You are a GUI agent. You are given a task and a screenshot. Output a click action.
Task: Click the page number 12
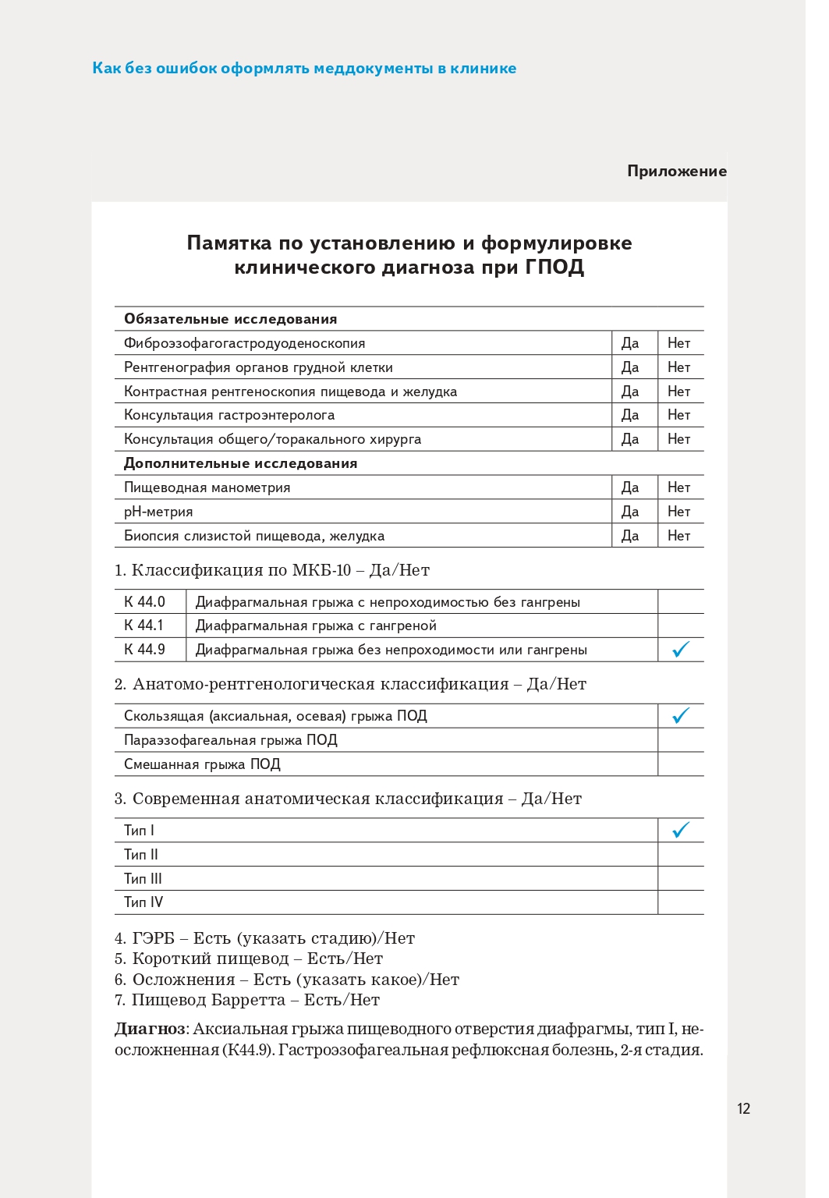coord(743,1108)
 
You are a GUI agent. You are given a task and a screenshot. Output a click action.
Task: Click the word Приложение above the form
coord(676,172)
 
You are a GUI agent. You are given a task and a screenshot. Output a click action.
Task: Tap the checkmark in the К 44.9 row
coord(681,649)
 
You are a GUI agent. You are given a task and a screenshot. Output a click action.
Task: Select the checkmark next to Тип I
coord(681,830)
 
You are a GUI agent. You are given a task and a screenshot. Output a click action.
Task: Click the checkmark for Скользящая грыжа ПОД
coord(681,715)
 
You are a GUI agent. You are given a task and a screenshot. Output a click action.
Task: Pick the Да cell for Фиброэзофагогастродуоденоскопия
coord(630,343)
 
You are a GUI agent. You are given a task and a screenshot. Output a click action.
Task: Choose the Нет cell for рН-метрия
coord(678,512)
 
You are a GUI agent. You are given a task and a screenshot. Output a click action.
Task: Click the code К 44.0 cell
coord(145,601)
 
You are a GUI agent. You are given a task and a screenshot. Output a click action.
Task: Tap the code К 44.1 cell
coord(144,626)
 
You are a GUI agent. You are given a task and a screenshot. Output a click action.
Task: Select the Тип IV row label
coord(143,902)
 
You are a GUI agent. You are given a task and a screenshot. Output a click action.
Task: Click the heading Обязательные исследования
coord(231,319)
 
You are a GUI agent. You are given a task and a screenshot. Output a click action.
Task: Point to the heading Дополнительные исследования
coord(240,463)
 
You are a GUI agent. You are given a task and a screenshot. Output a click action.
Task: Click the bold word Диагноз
coord(150,1029)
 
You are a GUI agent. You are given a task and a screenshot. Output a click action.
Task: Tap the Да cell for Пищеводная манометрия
coord(630,487)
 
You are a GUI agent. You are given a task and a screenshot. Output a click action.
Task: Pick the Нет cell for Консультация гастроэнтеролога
coord(678,415)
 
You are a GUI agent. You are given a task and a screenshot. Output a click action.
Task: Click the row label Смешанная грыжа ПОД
coord(202,764)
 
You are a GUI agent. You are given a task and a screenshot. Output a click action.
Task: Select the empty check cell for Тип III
coord(681,878)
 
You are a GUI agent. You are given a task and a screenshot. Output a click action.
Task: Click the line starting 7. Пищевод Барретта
coord(247,1000)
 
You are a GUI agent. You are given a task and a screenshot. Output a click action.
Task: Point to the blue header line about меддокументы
coord(304,69)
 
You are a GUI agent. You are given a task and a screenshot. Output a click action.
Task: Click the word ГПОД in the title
coord(554,268)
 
